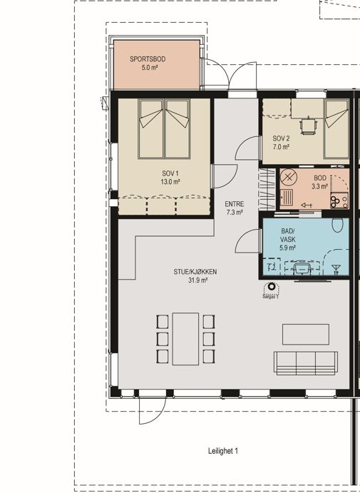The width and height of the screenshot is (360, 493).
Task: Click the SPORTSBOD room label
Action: point(148,59)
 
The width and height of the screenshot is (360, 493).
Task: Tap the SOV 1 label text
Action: point(170,173)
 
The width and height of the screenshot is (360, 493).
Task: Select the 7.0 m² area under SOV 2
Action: point(281,147)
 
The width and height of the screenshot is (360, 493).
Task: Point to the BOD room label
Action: point(320,178)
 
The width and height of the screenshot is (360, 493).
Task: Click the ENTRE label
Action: point(235,204)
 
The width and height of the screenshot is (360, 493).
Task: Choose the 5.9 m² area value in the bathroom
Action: point(288,248)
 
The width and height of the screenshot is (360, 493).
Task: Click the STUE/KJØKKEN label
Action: point(195,272)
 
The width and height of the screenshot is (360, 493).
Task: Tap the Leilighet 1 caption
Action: point(223,451)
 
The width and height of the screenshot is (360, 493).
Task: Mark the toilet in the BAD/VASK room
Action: point(337,225)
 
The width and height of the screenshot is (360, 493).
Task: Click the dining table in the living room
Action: point(185,339)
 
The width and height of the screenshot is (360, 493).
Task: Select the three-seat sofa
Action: point(306,363)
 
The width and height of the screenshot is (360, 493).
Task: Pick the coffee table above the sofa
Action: point(306,335)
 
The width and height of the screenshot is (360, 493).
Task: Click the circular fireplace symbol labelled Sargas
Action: point(272,286)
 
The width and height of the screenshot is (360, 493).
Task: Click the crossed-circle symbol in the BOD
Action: point(287,178)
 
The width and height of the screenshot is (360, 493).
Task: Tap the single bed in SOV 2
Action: point(336,129)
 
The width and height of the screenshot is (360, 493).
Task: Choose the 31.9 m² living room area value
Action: point(197,280)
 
